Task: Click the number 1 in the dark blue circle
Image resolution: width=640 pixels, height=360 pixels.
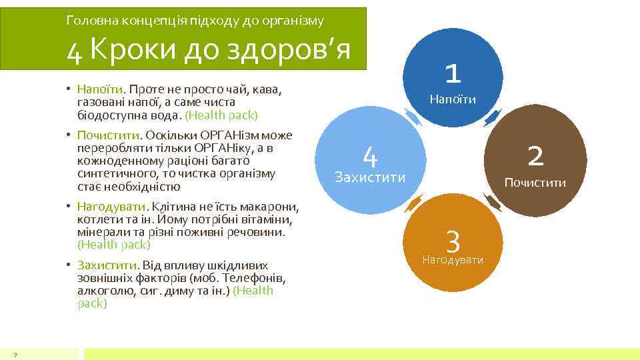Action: (x=453, y=73)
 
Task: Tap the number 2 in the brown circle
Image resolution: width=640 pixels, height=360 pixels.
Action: (x=535, y=156)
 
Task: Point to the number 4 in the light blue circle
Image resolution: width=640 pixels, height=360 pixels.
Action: (x=371, y=157)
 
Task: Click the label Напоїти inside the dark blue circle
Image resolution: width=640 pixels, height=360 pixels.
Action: (x=453, y=99)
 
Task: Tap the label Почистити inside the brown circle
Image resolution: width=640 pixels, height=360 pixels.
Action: (x=535, y=183)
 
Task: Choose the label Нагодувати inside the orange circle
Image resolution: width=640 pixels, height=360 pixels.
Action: (x=453, y=259)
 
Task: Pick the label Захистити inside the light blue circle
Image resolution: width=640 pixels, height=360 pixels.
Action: (x=370, y=178)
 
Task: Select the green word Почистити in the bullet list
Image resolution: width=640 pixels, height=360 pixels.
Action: (x=106, y=135)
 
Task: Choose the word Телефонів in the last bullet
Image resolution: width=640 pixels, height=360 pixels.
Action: (x=246, y=277)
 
